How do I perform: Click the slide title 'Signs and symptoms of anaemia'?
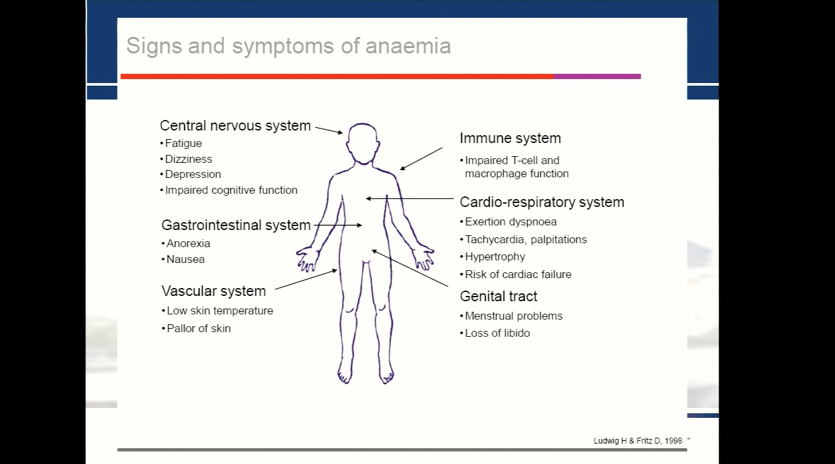pos(288,47)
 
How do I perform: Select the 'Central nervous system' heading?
pos(235,126)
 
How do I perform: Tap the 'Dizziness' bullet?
pos(187,159)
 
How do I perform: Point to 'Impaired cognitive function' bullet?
pos(229,190)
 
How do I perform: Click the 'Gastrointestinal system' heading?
pos(236,225)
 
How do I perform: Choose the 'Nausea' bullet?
pos(183,259)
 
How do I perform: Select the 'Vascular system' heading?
pos(214,291)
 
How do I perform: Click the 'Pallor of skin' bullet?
pos(197,328)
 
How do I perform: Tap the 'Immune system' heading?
pos(510,138)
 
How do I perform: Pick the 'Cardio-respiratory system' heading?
pos(542,202)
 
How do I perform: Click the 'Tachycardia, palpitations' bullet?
pos(524,239)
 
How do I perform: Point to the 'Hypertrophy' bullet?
pos(493,257)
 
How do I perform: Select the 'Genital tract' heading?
pos(499,297)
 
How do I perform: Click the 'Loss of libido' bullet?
pos(495,333)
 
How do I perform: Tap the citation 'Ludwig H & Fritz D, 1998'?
pos(638,441)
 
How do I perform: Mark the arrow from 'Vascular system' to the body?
pos(306,279)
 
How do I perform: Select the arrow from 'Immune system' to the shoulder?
pos(421,159)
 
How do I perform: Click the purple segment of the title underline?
pos(597,76)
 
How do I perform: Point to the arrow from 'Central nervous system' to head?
pos(329,130)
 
